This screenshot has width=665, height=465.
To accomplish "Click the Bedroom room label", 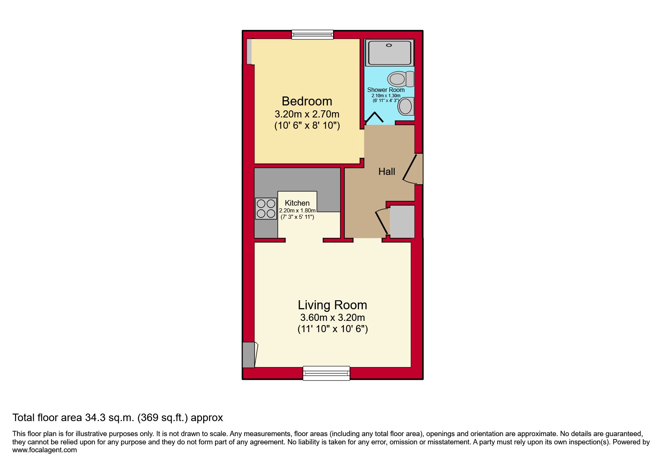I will [307, 101].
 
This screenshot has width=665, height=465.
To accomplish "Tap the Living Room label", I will [332, 305].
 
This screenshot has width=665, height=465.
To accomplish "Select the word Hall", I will [386, 172].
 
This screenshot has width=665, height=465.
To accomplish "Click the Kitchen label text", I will [297, 203].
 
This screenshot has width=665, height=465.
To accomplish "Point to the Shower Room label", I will [386, 90].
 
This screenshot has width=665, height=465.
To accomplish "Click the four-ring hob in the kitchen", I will [266, 209].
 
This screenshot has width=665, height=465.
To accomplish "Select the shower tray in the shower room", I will [389, 53].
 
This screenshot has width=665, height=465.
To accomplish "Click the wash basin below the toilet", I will [406, 106].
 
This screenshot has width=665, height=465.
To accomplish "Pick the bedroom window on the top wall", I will [312, 35].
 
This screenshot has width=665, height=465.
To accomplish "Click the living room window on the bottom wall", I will [326, 373].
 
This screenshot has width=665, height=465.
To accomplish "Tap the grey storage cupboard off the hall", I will [402, 221].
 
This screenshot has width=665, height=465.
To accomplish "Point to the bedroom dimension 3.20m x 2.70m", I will [307, 114].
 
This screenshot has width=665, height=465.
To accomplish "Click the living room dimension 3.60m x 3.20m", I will [332, 318].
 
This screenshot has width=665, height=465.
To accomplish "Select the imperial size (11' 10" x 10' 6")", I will [332, 329].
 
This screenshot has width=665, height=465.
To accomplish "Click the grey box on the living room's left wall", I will [248, 355].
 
